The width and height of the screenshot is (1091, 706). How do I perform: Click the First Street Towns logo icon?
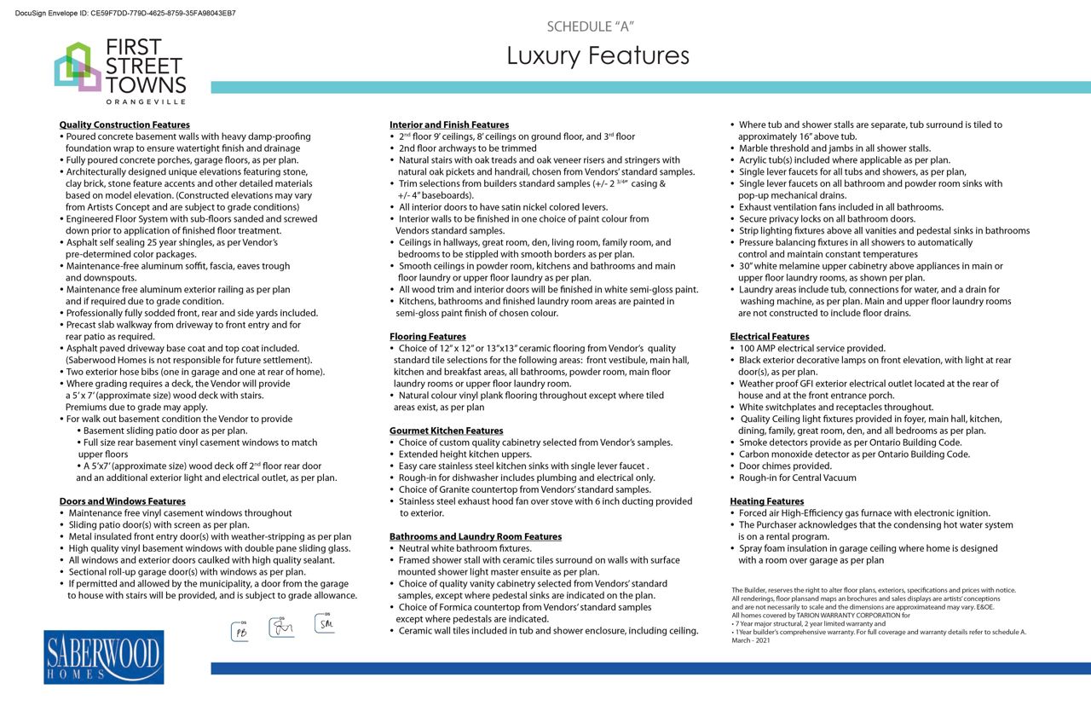[x=78, y=67]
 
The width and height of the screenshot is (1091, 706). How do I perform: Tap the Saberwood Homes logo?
[x=103, y=657]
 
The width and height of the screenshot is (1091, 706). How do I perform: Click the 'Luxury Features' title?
[x=597, y=55]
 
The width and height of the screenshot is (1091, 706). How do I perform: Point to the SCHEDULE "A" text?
[x=590, y=26]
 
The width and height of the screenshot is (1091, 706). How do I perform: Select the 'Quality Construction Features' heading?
[x=124, y=124]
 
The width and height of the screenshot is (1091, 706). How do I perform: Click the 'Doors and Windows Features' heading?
[x=122, y=501]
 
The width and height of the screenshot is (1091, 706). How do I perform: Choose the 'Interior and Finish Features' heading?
[x=449, y=124]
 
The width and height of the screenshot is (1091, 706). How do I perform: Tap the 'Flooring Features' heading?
[x=428, y=337]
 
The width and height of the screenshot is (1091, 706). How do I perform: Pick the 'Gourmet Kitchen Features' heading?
[x=447, y=431]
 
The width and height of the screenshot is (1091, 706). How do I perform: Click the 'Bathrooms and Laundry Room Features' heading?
[x=476, y=536]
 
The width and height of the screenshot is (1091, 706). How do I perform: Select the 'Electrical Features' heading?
[x=770, y=337]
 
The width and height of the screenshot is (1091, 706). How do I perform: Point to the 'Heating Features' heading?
[x=766, y=501]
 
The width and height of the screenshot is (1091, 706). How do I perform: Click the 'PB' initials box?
[x=240, y=631]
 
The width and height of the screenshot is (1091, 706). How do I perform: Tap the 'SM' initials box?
[x=325, y=623]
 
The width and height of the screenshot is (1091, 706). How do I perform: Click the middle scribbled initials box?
[x=281, y=628]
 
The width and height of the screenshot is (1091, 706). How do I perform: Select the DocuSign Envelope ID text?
[x=125, y=14]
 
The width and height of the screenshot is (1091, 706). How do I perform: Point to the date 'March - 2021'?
[x=750, y=640]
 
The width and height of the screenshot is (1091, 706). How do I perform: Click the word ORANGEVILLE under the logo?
[x=146, y=101]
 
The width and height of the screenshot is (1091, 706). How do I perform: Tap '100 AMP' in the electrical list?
[x=757, y=349]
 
